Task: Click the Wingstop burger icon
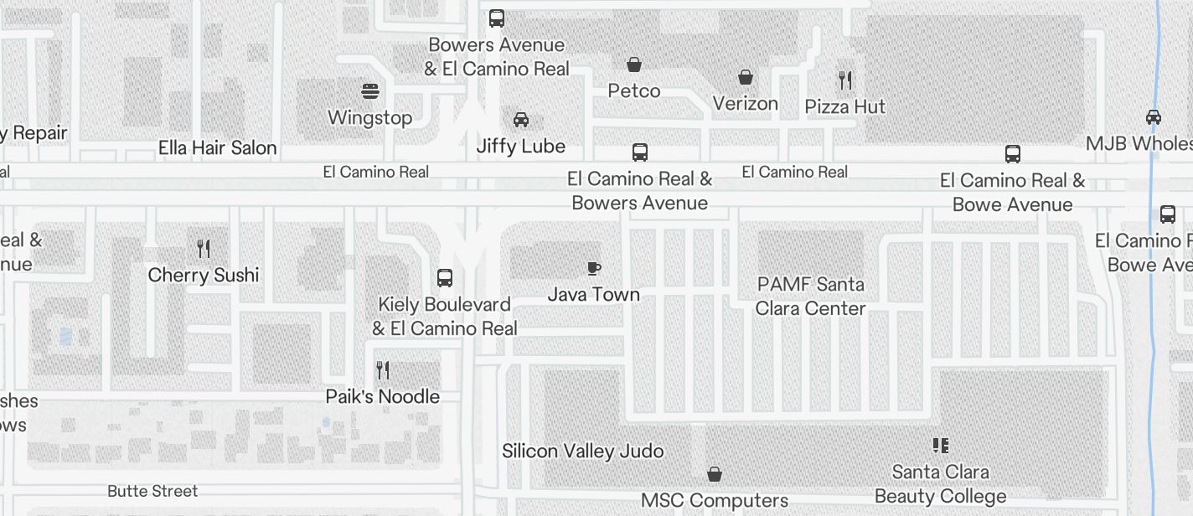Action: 370,90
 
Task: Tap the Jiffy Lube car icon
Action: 521,120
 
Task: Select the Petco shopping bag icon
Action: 634,64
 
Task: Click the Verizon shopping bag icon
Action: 746,78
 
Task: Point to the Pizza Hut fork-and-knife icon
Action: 845,80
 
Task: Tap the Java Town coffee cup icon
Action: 594,268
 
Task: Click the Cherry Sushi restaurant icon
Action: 204,249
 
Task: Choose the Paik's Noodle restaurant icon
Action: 383,370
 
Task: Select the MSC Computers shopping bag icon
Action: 715,475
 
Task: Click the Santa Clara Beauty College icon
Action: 940,446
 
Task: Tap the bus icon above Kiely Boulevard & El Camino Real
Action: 445,278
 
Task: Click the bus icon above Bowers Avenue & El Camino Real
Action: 497,18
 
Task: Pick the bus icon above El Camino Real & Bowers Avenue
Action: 640,152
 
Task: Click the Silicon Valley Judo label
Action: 583,451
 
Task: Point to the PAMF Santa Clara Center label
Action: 810,297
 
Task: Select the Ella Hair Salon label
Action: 218,148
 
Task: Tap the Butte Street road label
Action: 152,491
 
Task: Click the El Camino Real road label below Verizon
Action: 795,172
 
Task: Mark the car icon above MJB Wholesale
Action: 1154,117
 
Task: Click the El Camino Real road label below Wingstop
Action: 376,172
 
